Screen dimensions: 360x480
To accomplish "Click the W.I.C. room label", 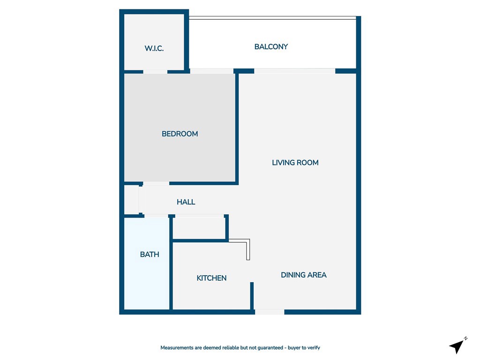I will [154, 48].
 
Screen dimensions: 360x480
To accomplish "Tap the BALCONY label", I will [271, 47].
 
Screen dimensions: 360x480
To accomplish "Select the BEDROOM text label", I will [180, 134].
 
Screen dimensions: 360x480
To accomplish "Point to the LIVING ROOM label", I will [295, 163].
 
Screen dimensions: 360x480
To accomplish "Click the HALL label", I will [186, 202].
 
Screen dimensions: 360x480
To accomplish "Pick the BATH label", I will [150, 255].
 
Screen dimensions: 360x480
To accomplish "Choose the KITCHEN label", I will [211, 278].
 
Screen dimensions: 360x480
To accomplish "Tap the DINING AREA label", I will [303, 275].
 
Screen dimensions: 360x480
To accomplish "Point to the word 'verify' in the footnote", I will [313, 348].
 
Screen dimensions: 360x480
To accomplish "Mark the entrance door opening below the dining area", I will [270, 312].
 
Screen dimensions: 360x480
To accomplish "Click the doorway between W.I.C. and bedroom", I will [155, 72].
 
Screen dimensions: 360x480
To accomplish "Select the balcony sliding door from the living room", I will [294, 71].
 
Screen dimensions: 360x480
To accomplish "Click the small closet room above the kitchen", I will [199, 228].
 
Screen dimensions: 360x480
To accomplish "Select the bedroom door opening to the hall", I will [156, 183].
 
